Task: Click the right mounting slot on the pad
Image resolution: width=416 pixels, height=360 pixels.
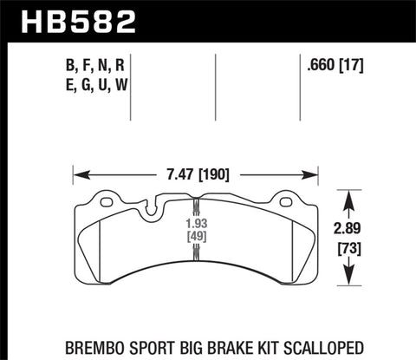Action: pos(284,202)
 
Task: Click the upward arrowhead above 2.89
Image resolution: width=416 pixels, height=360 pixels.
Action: pos(350,195)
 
